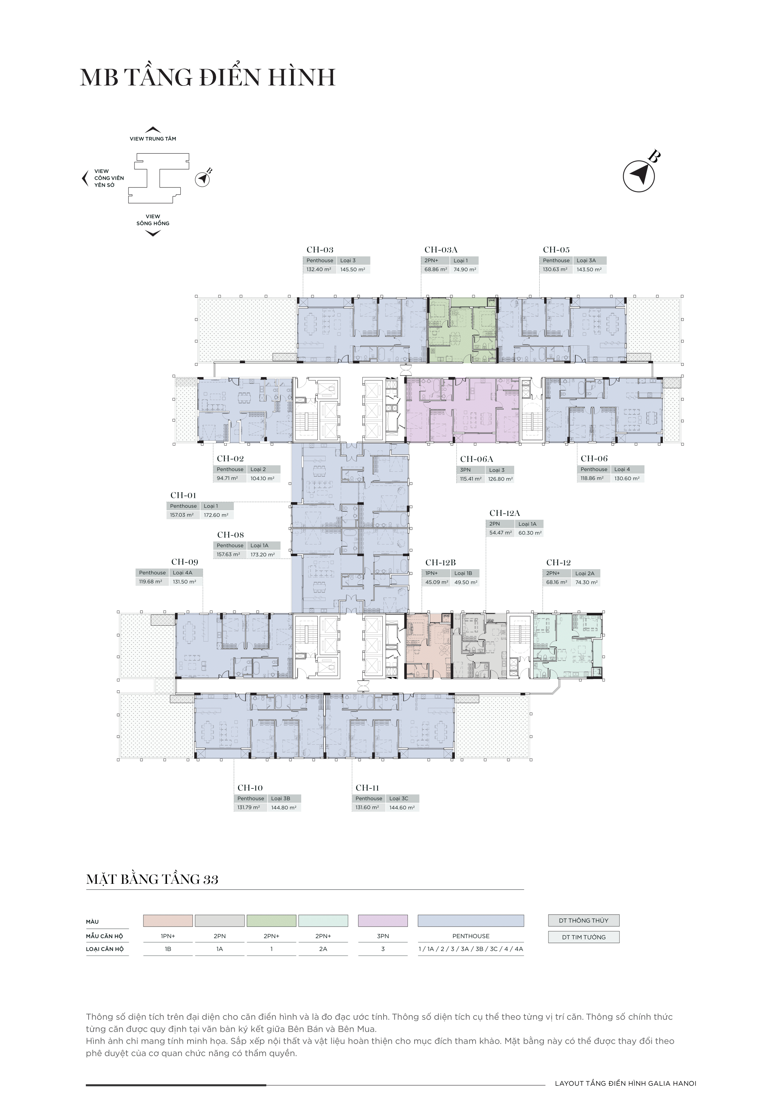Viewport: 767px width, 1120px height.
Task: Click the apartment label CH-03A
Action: [441, 250]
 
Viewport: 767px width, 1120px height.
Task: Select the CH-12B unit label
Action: [440, 562]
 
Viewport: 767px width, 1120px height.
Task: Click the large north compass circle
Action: [639, 177]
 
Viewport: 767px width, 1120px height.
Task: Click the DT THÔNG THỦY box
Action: [583, 921]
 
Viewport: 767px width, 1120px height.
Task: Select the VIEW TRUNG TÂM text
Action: [153, 139]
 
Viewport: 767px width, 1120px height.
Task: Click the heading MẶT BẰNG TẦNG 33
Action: [152, 880]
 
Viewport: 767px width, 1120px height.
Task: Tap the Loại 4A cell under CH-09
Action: [183, 572]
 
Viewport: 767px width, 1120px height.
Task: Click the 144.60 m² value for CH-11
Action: [402, 807]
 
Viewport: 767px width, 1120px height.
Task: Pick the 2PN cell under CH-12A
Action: [495, 524]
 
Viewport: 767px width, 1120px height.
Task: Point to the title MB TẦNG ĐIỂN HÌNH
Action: [208, 77]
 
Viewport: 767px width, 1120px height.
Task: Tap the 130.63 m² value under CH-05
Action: [555, 269]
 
